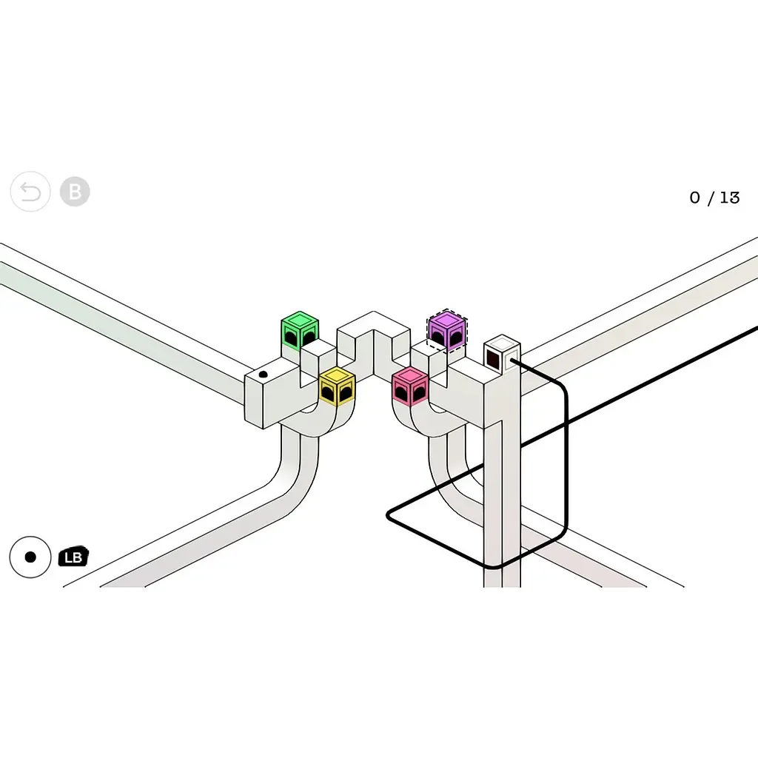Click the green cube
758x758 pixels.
300,330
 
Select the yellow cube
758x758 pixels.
337,386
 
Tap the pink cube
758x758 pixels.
410,386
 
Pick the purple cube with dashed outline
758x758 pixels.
447,331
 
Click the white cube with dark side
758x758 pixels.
503,353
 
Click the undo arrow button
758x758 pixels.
30,192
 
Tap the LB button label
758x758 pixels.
73,557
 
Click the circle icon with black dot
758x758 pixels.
30,557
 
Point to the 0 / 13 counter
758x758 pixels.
714,198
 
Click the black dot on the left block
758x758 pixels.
264,374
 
